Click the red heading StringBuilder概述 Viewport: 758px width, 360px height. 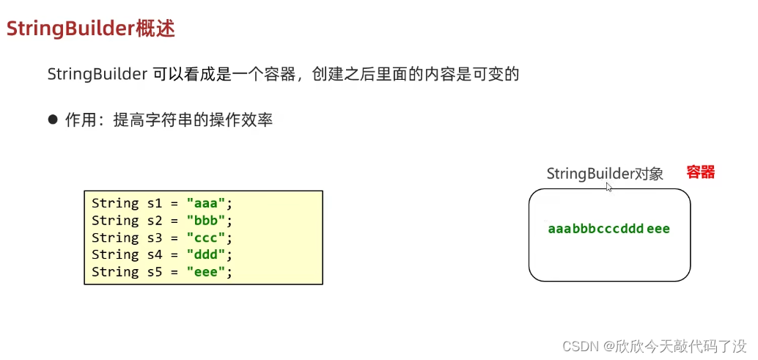[90, 29]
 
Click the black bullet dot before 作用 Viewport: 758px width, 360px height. [52, 119]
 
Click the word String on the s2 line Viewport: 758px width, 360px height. [115, 221]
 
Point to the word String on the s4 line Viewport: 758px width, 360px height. [115, 254]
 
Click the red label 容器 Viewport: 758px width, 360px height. [700, 172]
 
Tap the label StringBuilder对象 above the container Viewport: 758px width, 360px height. [604, 174]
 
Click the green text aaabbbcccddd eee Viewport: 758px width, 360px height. [608, 229]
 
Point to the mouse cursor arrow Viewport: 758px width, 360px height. [608, 186]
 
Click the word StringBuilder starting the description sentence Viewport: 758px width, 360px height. [97, 74]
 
